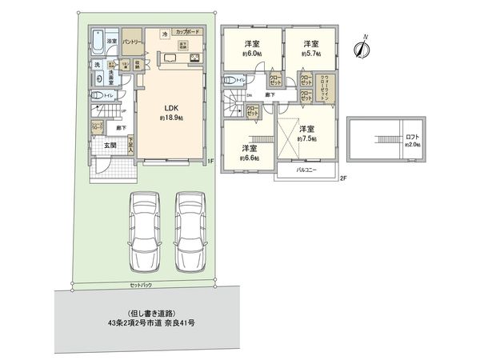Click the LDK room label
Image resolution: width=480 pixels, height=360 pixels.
pyautogui.click(x=170, y=110)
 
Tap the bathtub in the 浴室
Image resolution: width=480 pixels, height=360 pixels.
pyautogui.click(x=95, y=40)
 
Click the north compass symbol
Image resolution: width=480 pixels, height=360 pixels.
pyautogui.click(x=362, y=47)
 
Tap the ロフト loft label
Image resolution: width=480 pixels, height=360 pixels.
pyautogui.click(x=412, y=138)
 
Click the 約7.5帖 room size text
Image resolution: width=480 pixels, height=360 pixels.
pyautogui.click(x=306, y=138)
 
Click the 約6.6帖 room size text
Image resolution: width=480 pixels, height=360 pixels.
pyautogui.click(x=249, y=158)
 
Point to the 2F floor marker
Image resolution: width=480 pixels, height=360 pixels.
pyautogui.click(x=342, y=178)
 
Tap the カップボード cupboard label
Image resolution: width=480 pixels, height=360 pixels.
pyautogui.click(x=187, y=33)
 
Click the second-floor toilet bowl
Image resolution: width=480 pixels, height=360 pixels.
pyautogui.click(x=230, y=80)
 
